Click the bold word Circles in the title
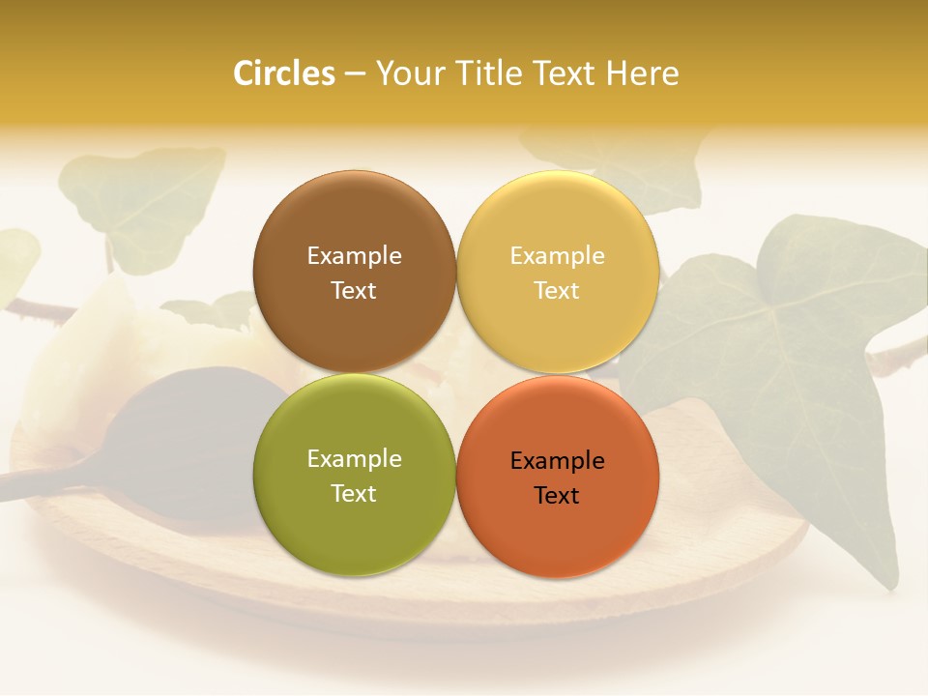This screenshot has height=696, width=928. [283, 73]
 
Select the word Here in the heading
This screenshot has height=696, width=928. [642, 73]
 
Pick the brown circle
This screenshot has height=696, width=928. [354, 272]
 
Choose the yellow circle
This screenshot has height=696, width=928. [558, 272]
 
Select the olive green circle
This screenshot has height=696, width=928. [354, 475]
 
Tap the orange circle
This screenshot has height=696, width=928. [558, 477]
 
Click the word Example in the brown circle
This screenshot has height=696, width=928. [354, 256]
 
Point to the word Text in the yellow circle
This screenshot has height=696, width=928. [557, 290]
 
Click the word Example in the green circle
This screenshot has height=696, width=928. [354, 459]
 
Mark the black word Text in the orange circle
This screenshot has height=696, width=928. [557, 495]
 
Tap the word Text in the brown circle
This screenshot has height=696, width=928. [354, 290]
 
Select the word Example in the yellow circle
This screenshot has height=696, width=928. [557, 256]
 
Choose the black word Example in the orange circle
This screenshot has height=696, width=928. [557, 461]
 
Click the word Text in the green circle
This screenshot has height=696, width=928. [354, 493]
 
